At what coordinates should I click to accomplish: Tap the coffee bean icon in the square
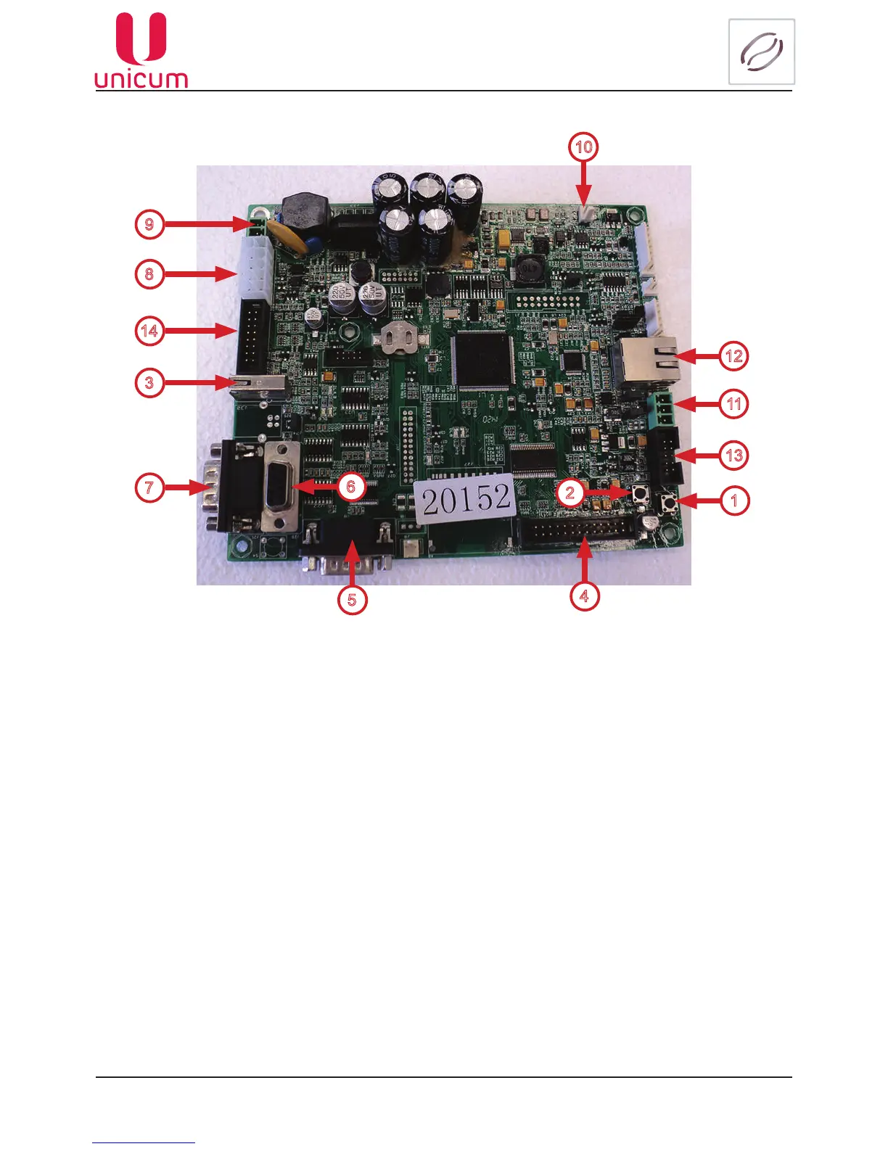tap(761, 52)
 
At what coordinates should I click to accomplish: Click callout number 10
tap(583, 147)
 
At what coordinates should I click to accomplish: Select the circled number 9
tap(149, 223)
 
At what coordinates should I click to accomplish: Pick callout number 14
tap(149, 331)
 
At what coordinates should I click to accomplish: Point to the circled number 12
tap(733, 355)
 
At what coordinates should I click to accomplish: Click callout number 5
tap(352, 600)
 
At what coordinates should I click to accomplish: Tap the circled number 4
tap(584, 596)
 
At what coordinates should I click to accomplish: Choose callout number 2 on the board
tap(570, 493)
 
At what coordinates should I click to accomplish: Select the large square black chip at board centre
tap(484, 361)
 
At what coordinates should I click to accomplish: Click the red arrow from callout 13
tap(697, 456)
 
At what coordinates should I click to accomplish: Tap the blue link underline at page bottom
tap(144, 1143)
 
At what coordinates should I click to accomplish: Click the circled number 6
tap(351, 486)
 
